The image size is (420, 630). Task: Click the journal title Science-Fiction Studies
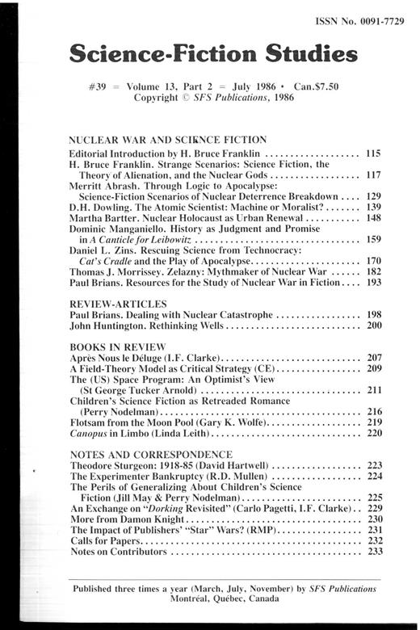point(213,56)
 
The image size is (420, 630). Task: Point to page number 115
point(372,152)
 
